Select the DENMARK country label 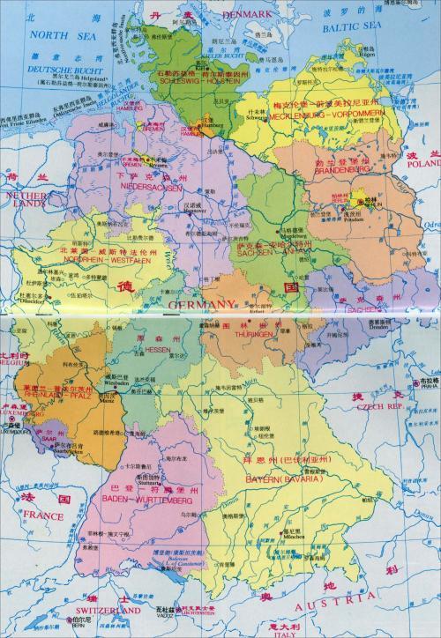click(x=223, y=15)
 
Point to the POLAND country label click(x=422, y=164)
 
